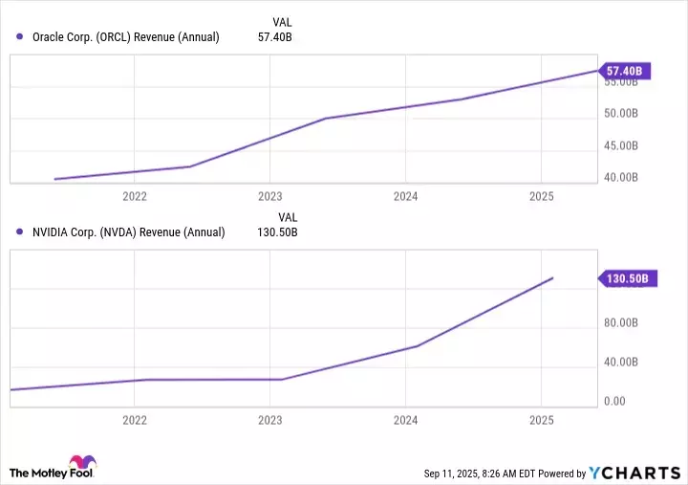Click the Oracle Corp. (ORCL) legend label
click(125, 37)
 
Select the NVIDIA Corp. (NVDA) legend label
click(128, 231)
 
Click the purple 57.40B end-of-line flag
click(626, 71)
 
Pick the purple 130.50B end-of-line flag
click(628, 278)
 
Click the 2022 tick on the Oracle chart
click(135, 196)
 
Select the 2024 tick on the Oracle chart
click(405, 196)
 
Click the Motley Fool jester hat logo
click(82, 462)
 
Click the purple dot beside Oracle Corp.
click(20, 37)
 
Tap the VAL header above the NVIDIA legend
click(288, 216)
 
